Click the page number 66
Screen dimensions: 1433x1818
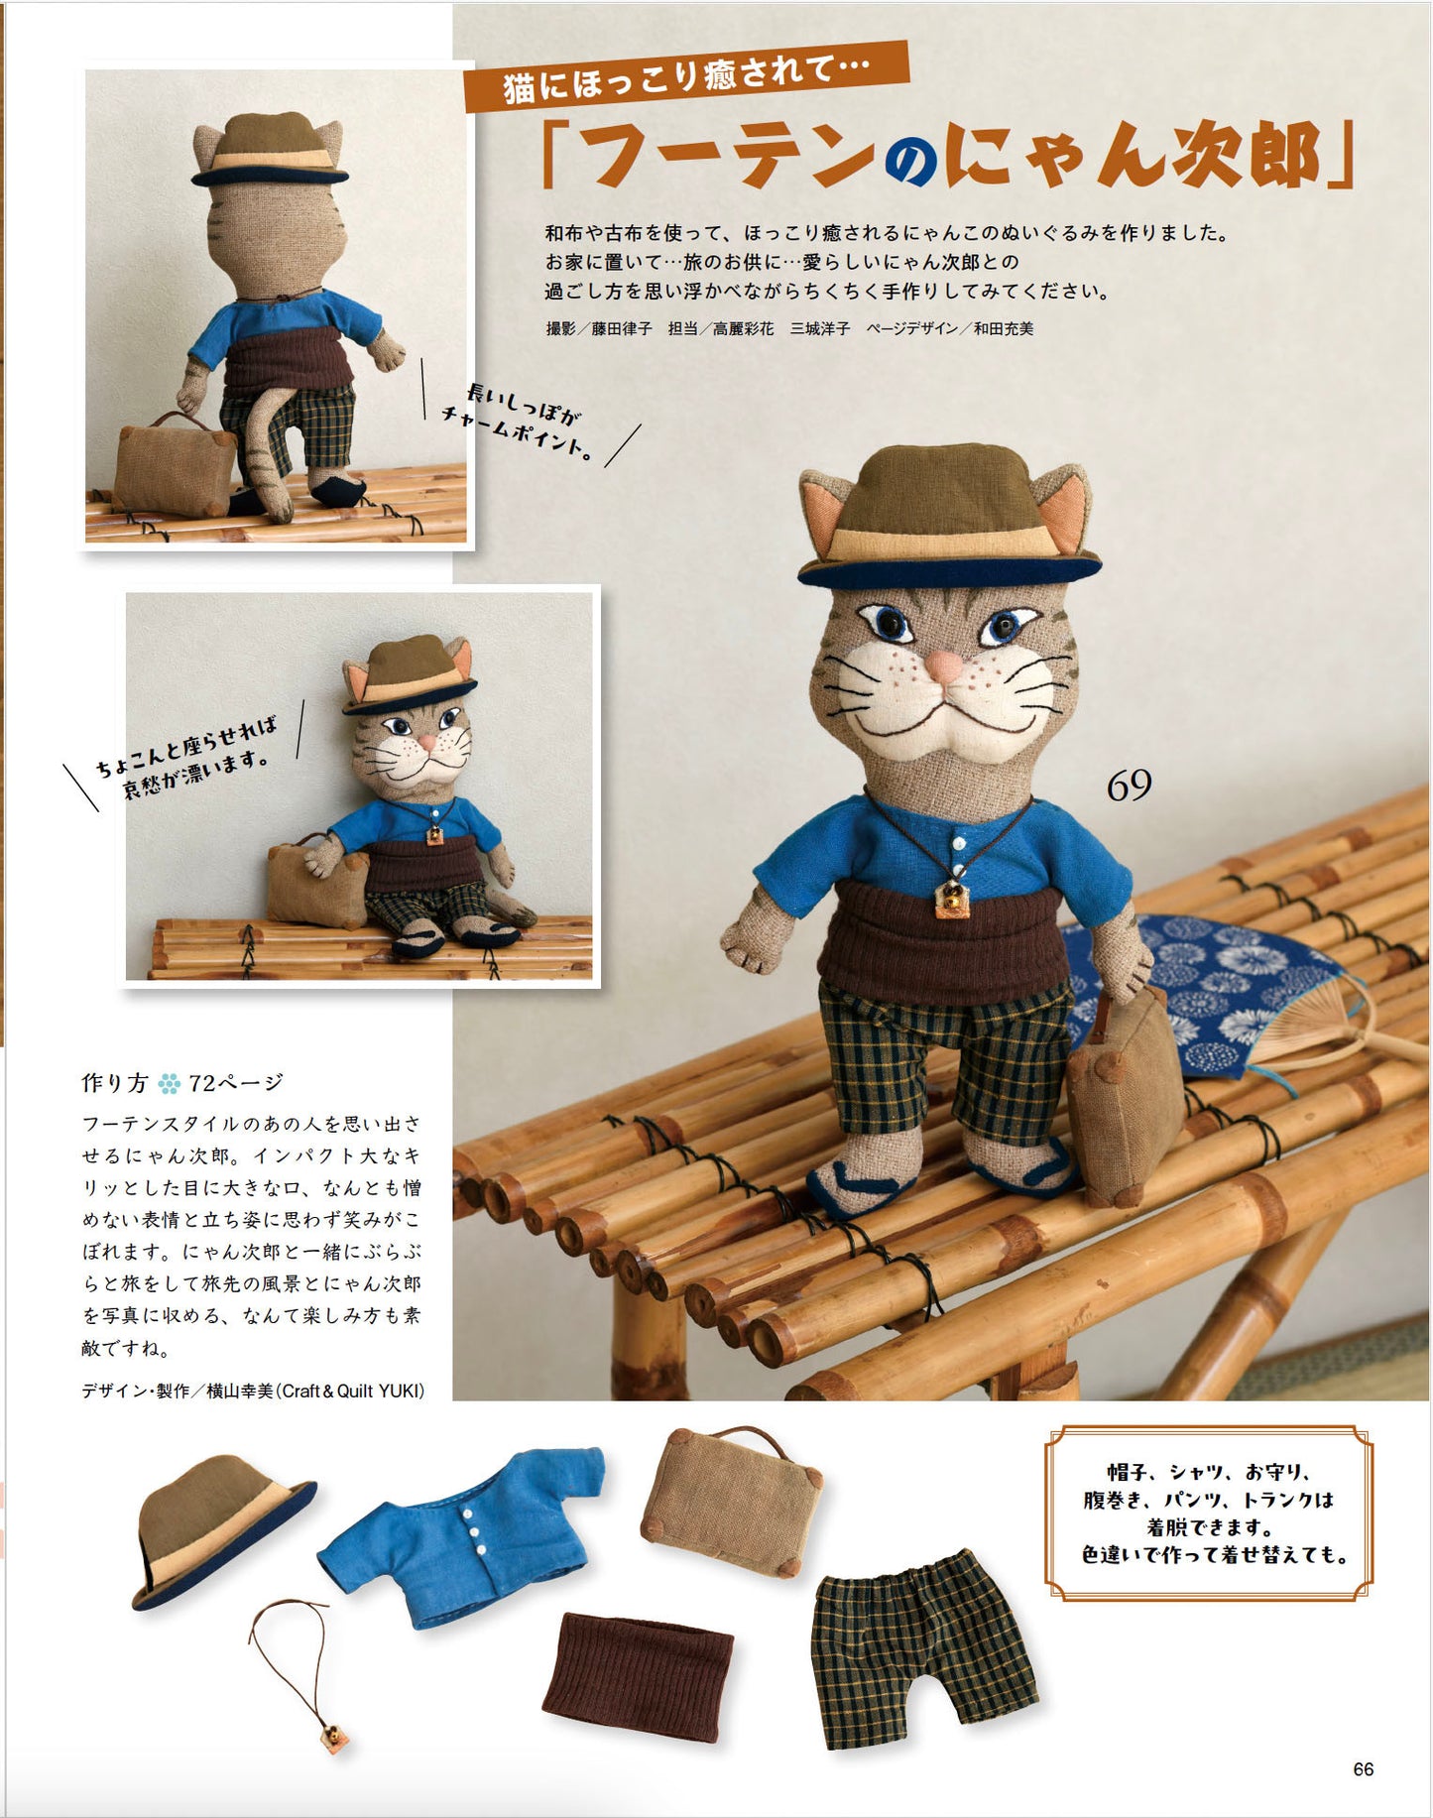click(x=1364, y=1769)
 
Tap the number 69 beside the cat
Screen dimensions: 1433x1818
click(x=1129, y=786)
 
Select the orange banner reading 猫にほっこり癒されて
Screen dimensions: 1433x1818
click(x=686, y=75)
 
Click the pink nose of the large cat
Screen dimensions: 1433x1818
click(x=943, y=665)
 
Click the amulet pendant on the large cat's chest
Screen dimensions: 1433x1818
click(x=953, y=897)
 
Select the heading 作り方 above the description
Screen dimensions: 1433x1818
click(x=114, y=1082)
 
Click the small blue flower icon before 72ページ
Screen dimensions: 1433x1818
click(x=169, y=1083)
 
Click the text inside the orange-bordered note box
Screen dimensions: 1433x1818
click(x=1209, y=1514)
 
